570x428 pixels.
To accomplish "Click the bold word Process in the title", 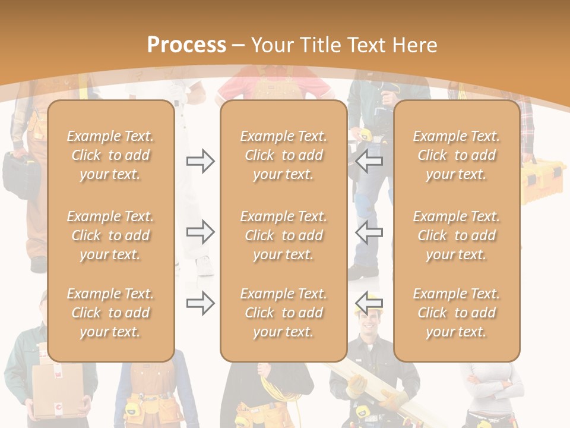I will pos(186,45).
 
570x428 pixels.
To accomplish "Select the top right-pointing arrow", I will pos(200,161).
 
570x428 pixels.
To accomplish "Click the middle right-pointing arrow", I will pos(200,232).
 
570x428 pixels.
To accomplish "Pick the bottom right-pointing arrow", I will pos(200,304).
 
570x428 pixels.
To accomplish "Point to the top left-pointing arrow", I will pos(369,161).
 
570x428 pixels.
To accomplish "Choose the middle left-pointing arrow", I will pos(369,232).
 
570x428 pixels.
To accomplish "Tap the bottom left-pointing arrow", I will pos(369,304).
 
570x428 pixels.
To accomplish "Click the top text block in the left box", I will pos(110,155).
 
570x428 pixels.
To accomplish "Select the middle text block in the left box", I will pos(110,235).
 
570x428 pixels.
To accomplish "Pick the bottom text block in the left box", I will pos(110,313).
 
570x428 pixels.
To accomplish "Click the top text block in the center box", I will pos(283,155).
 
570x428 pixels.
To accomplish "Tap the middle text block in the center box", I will pos(283,235).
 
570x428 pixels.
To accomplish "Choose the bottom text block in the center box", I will pos(283,313).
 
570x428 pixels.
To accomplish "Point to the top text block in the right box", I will pos(456,155).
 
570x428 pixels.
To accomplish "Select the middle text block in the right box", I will pos(456,235).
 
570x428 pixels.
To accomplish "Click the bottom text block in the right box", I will pos(456,313).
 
